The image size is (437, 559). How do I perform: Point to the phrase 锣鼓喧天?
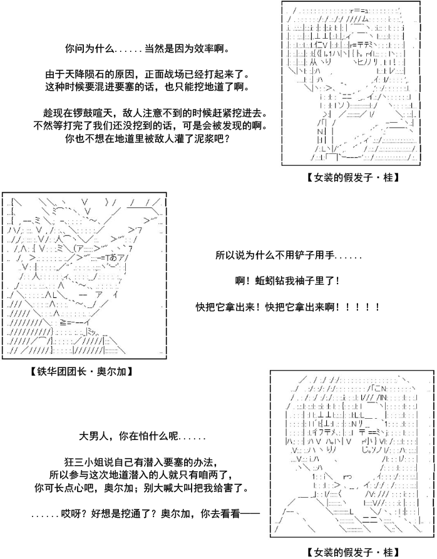93,113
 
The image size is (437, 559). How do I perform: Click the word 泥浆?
207,138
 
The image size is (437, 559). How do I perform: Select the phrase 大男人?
93,436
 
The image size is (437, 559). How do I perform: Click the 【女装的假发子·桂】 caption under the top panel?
352,177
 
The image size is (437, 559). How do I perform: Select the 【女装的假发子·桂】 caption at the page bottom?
352,553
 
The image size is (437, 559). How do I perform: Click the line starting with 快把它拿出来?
288,307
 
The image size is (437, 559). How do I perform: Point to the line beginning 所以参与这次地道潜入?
142,475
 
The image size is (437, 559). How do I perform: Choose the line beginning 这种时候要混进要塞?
147,86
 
